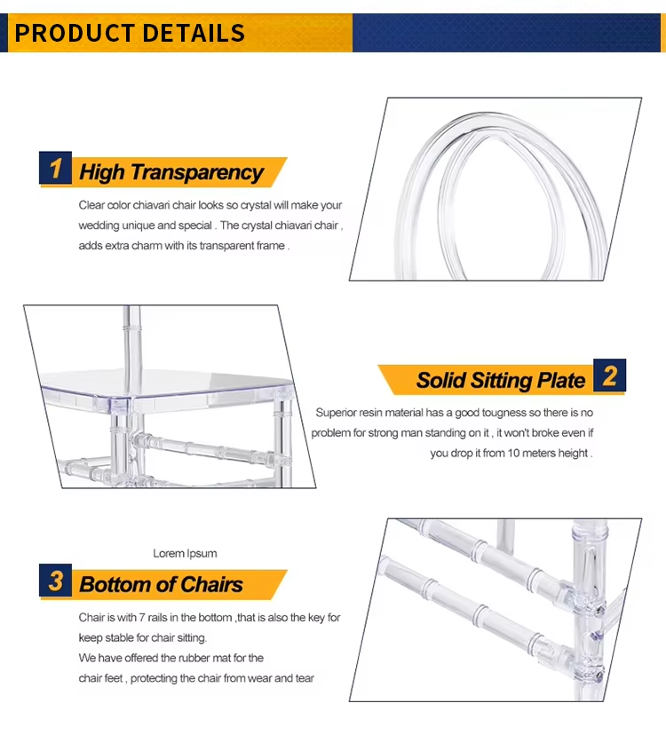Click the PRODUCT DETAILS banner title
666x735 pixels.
point(131,34)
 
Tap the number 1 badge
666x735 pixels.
point(56,169)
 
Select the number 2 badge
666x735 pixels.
point(609,376)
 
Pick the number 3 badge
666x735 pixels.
point(56,582)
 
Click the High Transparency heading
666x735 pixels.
point(171,172)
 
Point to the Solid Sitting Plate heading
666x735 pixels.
point(501,381)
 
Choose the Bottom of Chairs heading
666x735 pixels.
point(161,585)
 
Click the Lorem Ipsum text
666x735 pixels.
point(185,553)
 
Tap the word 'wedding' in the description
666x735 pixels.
point(98,225)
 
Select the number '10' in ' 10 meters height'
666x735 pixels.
point(520,453)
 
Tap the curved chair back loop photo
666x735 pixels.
point(506,191)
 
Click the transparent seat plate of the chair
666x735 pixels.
point(169,380)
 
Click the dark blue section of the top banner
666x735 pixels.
point(506,33)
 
